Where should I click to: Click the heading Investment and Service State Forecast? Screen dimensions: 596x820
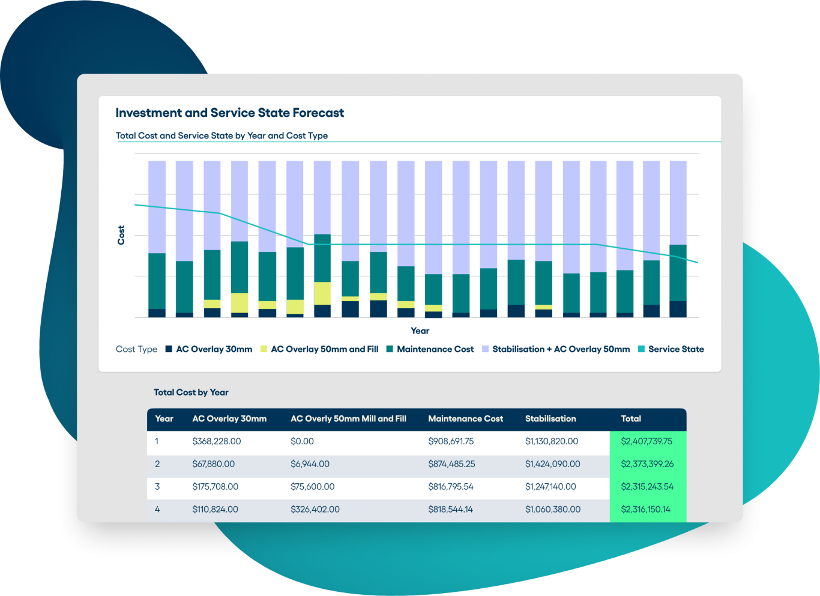pos(229,113)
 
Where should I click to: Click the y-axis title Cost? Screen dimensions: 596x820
pos(121,235)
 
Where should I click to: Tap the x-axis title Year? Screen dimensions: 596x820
pos(420,331)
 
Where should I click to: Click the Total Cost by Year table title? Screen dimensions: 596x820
pos(191,392)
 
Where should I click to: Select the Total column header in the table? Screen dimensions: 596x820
pos(631,419)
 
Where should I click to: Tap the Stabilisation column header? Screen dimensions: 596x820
pos(550,419)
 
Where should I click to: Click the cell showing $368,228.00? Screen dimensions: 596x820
pos(216,441)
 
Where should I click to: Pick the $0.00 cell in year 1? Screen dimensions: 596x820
pos(302,441)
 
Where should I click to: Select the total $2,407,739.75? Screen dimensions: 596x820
pos(647,441)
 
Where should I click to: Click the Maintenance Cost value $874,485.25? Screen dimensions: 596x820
pos(451,464)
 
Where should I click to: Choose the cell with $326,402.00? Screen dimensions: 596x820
pos(315,510)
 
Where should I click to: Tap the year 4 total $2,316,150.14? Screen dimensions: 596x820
pos(646,510)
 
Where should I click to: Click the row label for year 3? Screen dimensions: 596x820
pos(157,487)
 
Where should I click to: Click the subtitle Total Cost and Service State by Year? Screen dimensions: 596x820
pos(222,136)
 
